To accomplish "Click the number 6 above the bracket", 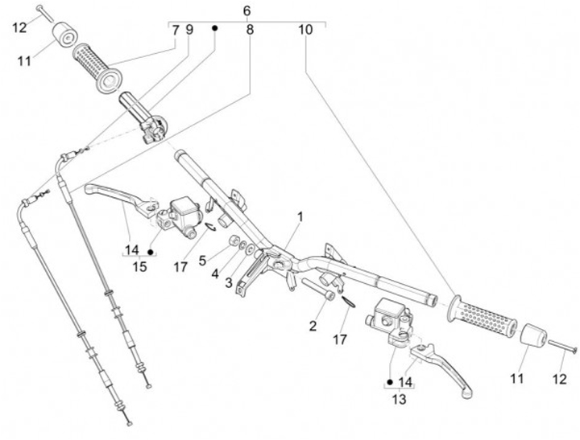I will pyautogui.click(x=246, y=10).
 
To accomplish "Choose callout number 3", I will pyautogui.click(x=229, y=282).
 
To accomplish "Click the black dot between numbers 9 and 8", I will pyautogui.click(x=215, y=28).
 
